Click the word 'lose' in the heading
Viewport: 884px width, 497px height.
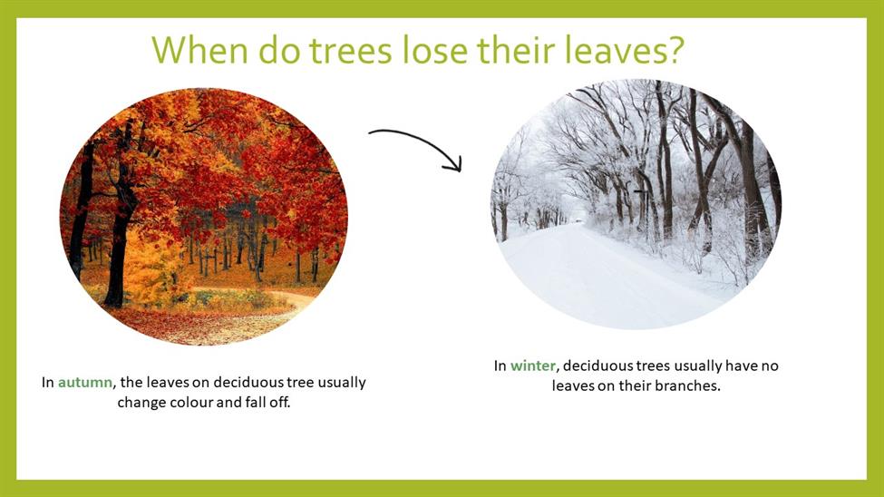(x=435, y=49)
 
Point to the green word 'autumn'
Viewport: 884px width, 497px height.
(x=85, y=383)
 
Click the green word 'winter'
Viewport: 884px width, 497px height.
(x=533, y=365)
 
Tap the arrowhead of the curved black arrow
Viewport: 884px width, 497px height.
(x=454, y=163)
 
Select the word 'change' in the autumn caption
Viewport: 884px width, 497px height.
(x=136, y=403)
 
